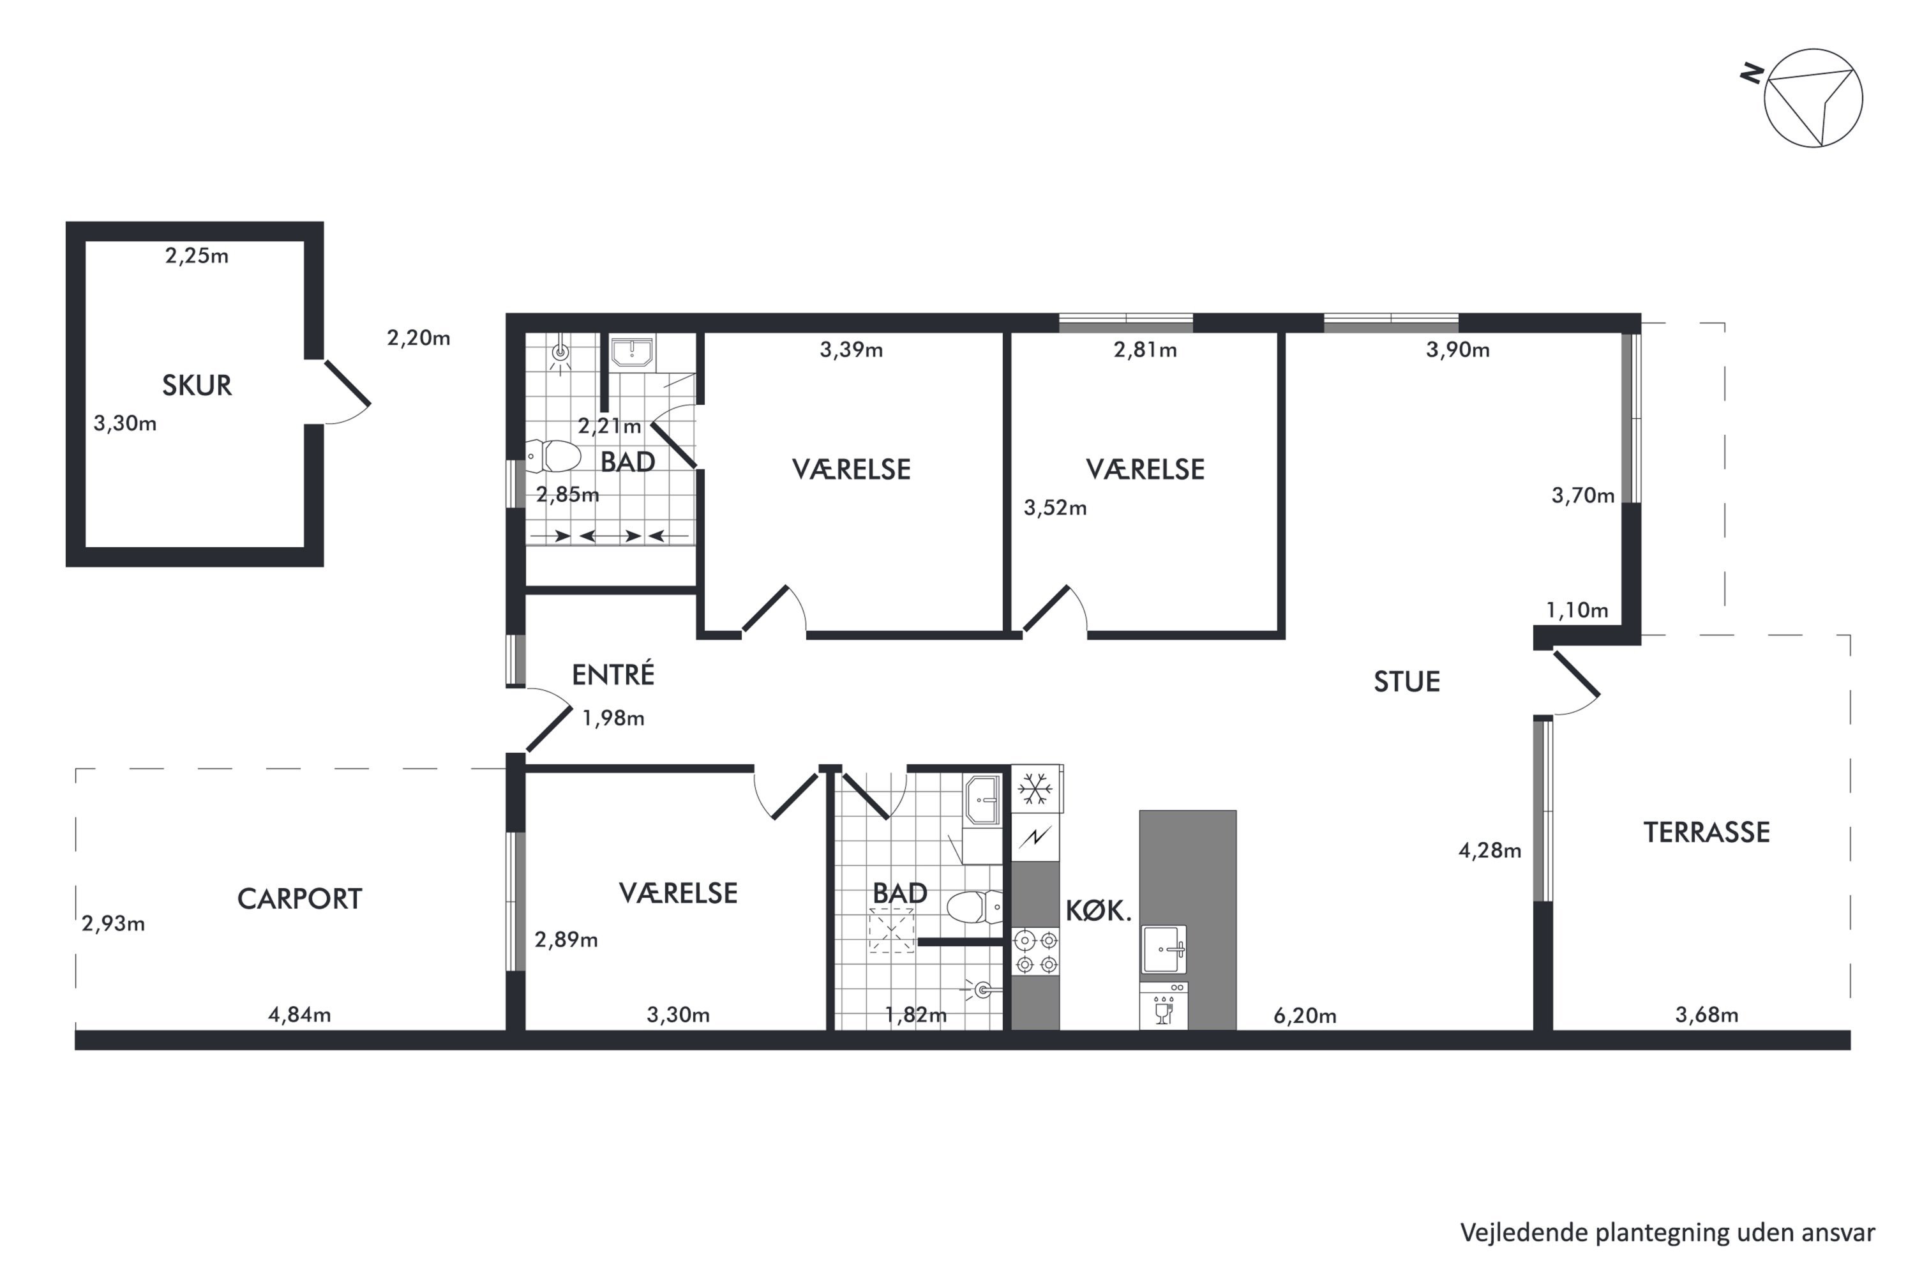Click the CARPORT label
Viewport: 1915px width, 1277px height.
pyautogui.click(x=299, y=899)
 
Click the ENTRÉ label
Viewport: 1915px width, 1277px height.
pyautogui.click(x=612, y=675)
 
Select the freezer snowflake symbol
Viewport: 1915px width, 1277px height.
pyautogui.click(x=1035, y=789)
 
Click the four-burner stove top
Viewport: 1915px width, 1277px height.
pyautogui.click(x=1035, y=952)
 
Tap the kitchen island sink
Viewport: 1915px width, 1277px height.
pyautogui.click(x=1164, y=949)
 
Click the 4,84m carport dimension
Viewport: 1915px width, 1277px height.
pyautogui.click(x=299, y=1015)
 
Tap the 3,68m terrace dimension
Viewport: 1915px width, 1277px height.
pyautogui.click(x=1706, y=1015)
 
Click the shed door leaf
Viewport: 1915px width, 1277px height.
pyautogui.click(x=348, y=382)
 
